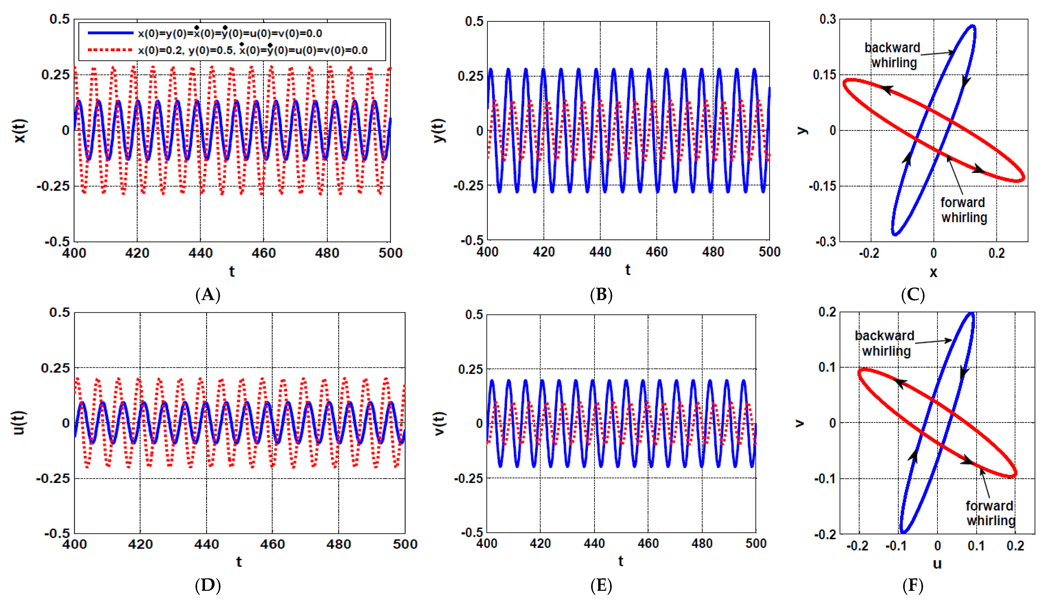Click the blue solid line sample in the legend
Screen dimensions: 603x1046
[110, 33]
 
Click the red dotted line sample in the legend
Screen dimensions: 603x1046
[110, 50]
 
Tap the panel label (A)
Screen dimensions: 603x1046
[207, 295]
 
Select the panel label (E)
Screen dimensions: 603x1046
[601, 586]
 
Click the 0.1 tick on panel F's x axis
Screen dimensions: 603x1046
[976, 546]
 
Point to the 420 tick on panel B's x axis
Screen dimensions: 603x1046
[544, 252]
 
